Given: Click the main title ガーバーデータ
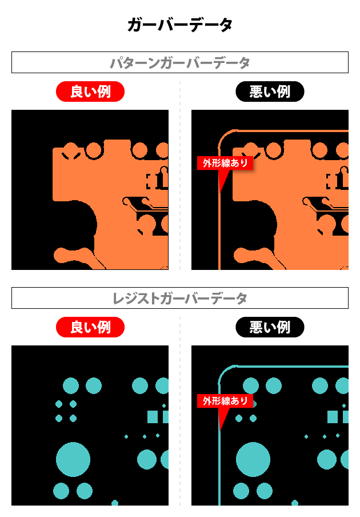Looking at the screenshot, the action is point(180,25).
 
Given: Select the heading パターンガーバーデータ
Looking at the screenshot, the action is point(180,63).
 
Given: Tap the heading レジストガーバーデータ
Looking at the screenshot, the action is point(180,299).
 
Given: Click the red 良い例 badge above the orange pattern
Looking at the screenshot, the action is point(90,92).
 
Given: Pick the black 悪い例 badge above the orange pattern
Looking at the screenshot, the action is point(270,92).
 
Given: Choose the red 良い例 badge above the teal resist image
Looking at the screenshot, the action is point(90,327).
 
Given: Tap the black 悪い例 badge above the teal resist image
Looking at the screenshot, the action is point(270,327).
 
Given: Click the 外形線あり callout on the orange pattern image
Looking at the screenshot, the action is point(225,163).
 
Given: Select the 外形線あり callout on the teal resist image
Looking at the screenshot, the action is point(225,401).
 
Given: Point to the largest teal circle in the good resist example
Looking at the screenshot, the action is point(73,459).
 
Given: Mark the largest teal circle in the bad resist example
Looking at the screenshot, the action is point(253,459).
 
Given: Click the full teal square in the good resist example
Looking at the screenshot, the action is point(153,417).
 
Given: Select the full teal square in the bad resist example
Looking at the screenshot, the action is point(333,417).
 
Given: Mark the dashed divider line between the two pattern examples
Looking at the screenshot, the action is point(180,176).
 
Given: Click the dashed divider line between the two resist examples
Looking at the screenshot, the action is point(180,411).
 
